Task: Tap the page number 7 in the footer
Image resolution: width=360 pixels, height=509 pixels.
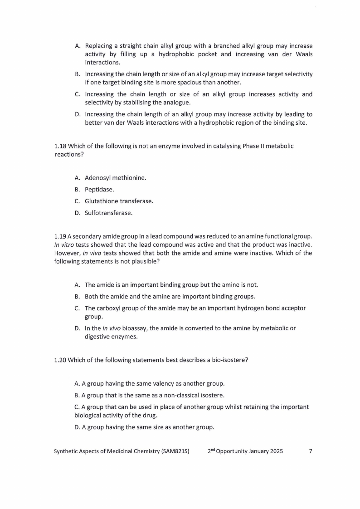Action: pyautogui.click(x=310, y=451)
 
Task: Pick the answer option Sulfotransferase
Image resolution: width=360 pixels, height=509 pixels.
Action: pyautogui.click(x=108, y=212)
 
